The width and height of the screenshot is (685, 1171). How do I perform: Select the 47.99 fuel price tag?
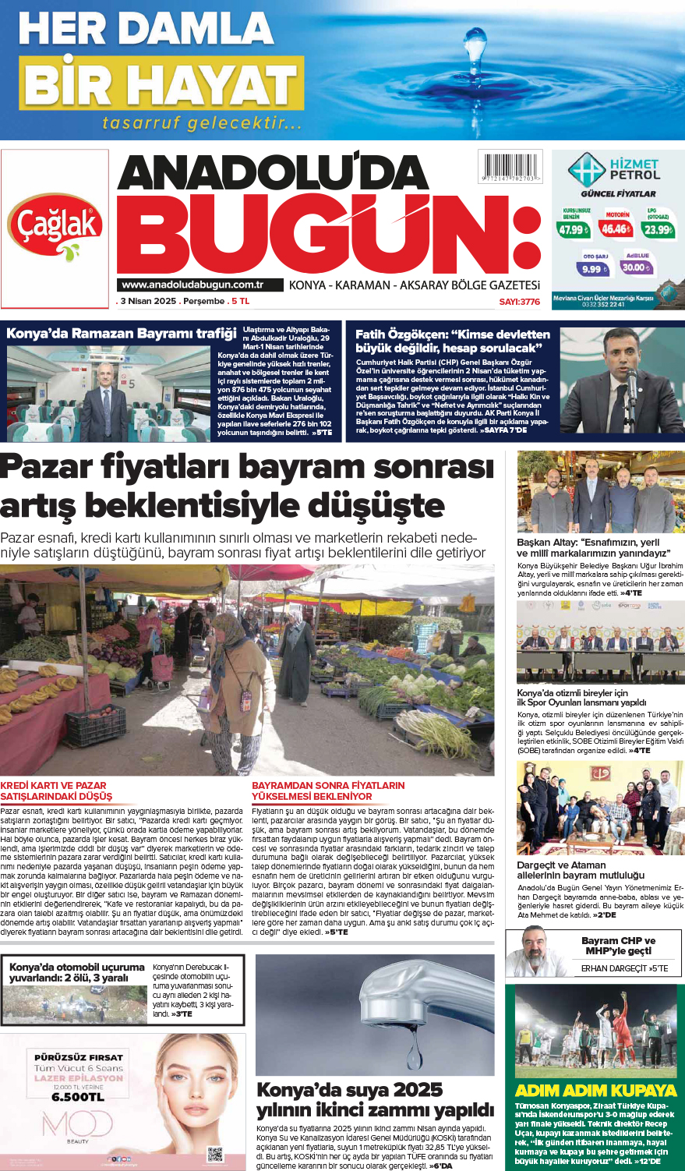(x=573, y=229)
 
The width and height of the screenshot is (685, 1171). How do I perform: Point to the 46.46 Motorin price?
(x=616, y=228)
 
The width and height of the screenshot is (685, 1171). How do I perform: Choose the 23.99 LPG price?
(x=658, y=229)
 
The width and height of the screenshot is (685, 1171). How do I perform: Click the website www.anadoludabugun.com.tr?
(x=192, y=285)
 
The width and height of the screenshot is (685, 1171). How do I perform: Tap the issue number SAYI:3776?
(x=519, y=301)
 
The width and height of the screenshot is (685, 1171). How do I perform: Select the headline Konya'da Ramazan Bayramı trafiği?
(x=121, y=334)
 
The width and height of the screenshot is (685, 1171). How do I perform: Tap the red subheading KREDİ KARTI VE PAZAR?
(x=54, y=785)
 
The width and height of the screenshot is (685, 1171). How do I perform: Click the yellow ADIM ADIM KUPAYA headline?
(x=595, y=1090)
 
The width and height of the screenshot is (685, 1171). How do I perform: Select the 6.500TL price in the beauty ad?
(x=78, y=1097)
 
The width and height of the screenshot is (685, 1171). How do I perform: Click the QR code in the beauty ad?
(x=215, y=1154)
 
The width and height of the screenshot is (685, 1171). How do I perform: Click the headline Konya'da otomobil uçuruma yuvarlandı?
(x=77, y=972)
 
